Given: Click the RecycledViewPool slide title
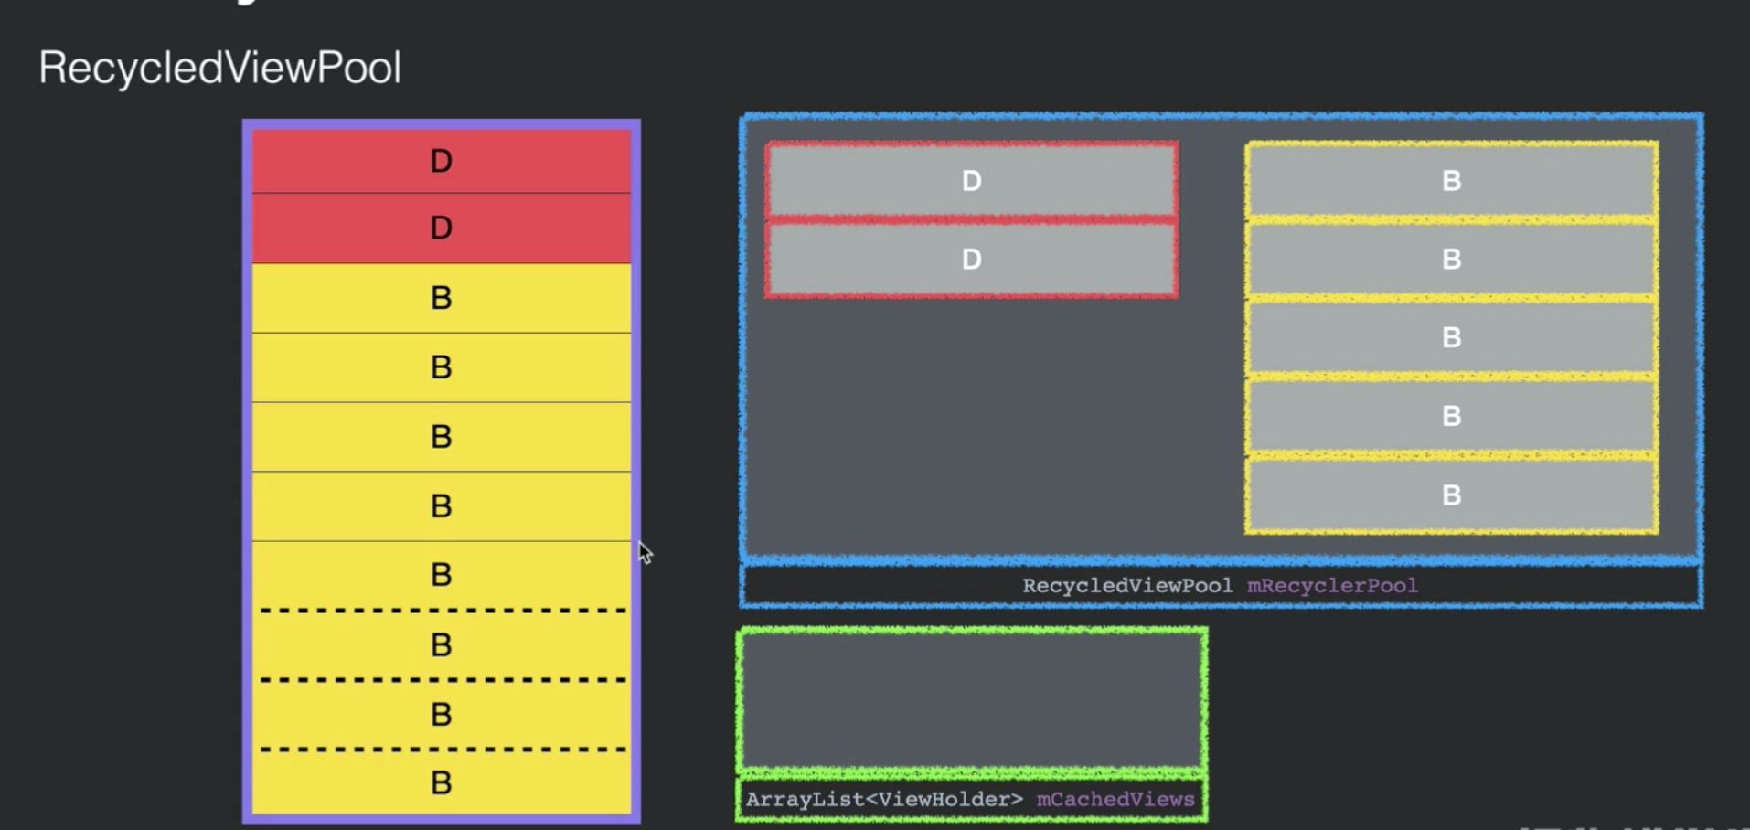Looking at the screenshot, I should tap(219, 68).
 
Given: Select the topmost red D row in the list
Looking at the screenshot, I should tap(441, 161).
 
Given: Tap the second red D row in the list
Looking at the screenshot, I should tap(441, 228).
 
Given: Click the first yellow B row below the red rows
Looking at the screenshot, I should tap(441, 298).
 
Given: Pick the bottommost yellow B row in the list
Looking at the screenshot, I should tap(441, 782).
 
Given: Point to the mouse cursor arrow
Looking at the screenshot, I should tap(644, 551).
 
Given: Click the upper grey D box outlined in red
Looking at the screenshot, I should tap(971, 181).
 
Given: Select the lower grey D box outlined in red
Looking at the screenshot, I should tap(971, 260).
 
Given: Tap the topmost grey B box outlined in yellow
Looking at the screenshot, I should tap(1451, 181).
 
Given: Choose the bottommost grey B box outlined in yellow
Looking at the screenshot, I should tap(1451, 495).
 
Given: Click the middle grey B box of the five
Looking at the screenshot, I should tap(1451, 338).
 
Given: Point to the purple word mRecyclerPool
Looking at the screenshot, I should tap(1332, 586).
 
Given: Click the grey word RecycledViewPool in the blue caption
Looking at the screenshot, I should tap(1126, 586).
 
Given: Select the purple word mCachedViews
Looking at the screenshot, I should tap(1115, 800).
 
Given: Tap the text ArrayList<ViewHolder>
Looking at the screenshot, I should tap(884, 800).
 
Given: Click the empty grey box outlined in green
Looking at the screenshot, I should tap(971, 700).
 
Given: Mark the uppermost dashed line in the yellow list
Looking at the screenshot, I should tap(443, 610).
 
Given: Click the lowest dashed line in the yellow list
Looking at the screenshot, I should tap(443, 750).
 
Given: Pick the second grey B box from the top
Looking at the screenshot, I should tap(1451, 260).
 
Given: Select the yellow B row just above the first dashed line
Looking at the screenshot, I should tap(441, 575).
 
